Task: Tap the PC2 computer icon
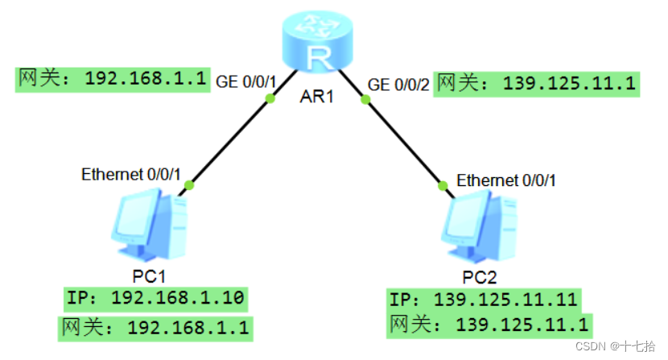[482, 227]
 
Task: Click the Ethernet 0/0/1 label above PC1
[131, 174]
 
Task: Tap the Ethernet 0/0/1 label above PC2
[506, 180]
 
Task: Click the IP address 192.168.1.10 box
[155, 299]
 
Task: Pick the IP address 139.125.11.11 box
[484, 300]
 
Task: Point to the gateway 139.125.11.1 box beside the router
[537, 83]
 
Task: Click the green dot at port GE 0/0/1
[270, 99]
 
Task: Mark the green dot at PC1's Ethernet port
[190, 184]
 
